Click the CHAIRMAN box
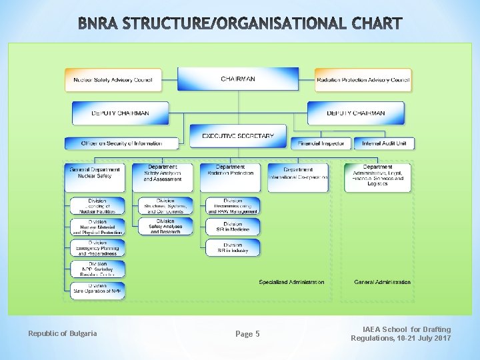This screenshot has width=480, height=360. point(237,79)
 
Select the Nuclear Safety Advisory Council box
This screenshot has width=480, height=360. point(113,80)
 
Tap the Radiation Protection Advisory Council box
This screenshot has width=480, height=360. point(363,80)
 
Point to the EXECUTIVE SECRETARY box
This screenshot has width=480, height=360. point(237,135)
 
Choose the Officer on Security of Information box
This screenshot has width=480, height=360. point(122,143)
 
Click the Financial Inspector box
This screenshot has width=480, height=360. point(321,143)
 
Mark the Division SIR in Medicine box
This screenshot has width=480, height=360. point(233,227)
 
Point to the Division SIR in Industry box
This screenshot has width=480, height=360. point(233,247)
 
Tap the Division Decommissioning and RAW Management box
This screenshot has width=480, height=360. point(233,206)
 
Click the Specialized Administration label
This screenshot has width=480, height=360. point(291,282)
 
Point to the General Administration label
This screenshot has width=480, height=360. point(382,282)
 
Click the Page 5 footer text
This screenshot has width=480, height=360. point(248,334)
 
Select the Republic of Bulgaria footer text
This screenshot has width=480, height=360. point(63,333)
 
